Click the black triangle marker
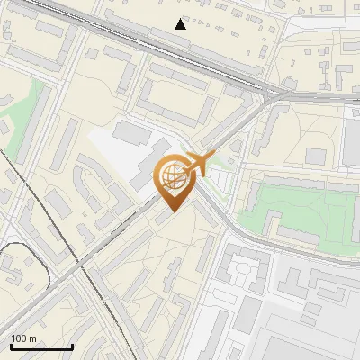(181, 23)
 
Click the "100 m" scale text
(23, 338)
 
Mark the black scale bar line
(41, 347)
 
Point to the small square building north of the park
(315, 156)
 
